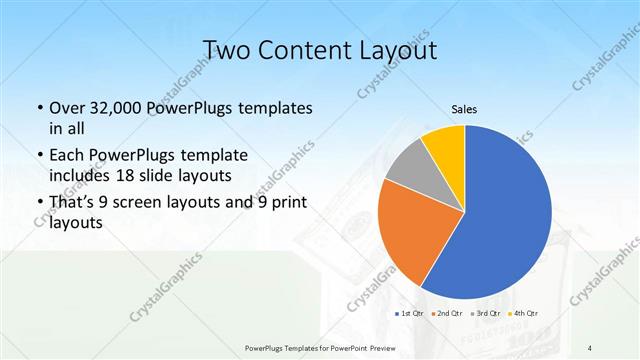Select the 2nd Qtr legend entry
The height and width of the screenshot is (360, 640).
[x=448, y=314]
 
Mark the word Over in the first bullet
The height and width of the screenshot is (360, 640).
[x=69, y=108]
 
